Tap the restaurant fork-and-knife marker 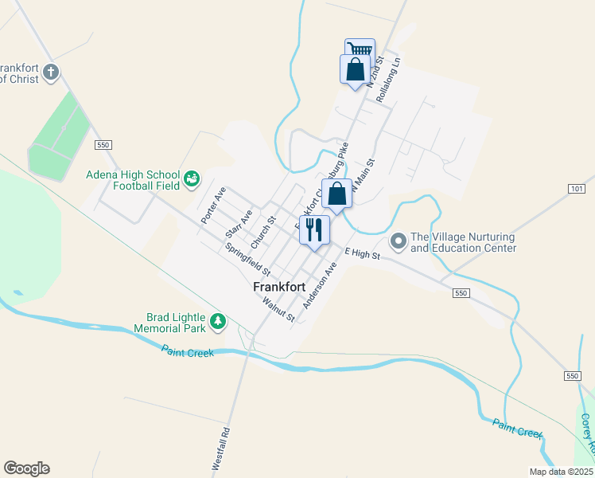(x=313, y=230)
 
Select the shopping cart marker (x=360, y=50)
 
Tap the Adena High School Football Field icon (x=192, y=180)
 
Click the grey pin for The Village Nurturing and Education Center (x=398, y=239)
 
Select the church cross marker (x=51, y=72)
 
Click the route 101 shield (x=577, y=189)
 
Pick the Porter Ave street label (x=214, y=205)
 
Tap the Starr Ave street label (x=239, y=224)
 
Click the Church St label (x=262, y=231)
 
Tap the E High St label (x=362, y=253)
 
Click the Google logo (x=26, y=468)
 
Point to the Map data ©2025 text (x=561, y=472)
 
